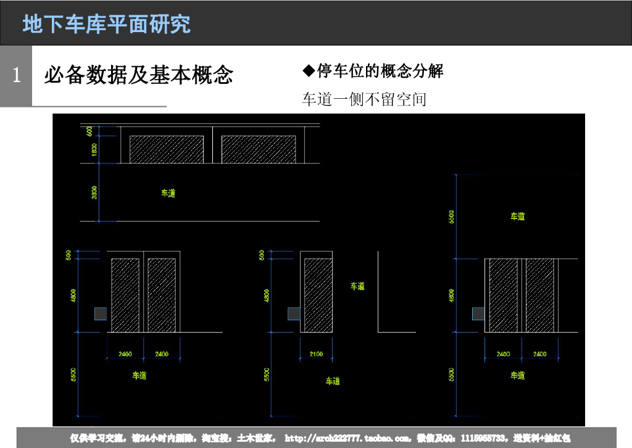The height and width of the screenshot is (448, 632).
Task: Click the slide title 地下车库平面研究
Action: point(107,23)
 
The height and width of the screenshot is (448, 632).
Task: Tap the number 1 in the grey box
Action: point(17,75)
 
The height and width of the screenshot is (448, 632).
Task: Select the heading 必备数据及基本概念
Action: point(139,75)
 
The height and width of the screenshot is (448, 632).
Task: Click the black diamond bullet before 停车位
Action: point(309,70)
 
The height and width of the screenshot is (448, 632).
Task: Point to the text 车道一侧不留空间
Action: point(364,99)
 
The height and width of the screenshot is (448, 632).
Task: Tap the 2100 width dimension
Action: point(316,354)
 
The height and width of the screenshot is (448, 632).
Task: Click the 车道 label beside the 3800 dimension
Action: point(168,193)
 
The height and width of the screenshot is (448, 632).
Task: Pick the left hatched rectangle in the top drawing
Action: point(167,149)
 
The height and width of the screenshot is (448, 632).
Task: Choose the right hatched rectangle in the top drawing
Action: point(259,149)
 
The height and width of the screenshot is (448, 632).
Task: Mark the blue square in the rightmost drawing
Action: point(478,313)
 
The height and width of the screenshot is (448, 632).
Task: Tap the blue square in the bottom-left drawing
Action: point(101,313)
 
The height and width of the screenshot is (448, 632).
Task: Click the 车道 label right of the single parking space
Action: point(358,286)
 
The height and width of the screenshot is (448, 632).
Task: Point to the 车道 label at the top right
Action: point(517,217)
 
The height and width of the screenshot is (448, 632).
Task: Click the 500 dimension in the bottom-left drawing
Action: point(69,254)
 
